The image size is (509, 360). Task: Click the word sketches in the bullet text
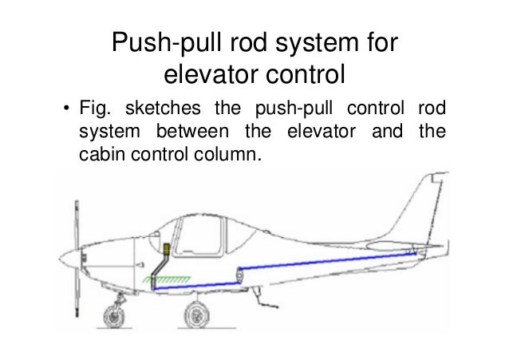(156, 108)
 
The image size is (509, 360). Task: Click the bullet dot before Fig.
(67, 109)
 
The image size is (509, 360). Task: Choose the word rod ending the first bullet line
(432, 108)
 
